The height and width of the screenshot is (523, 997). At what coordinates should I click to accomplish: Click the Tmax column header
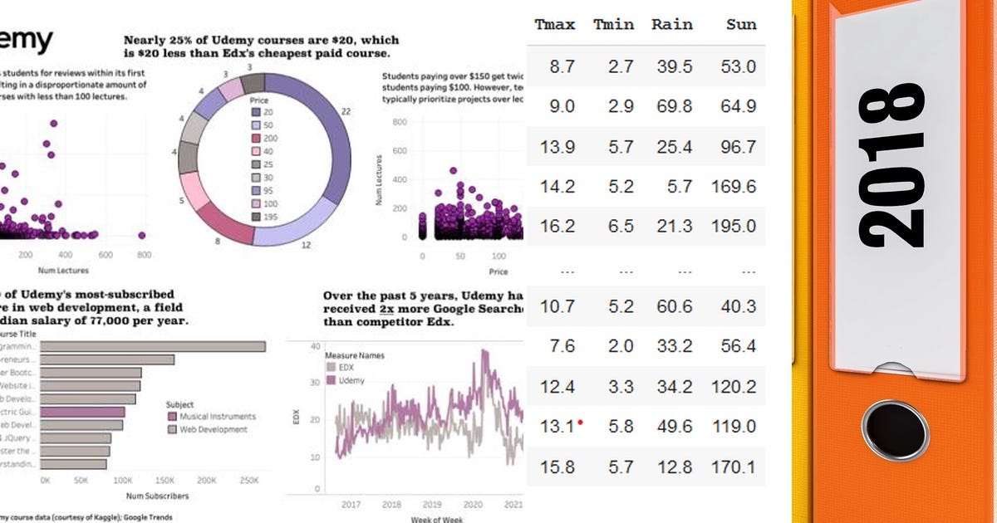pos(556,24)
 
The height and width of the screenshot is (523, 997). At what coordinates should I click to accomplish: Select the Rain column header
pos(671,24)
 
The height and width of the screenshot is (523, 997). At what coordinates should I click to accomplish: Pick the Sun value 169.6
pos(734,186)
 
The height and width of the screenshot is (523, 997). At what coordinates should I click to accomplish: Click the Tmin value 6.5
pos(620,226)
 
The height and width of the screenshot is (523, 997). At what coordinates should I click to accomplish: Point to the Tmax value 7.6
pos(562,346)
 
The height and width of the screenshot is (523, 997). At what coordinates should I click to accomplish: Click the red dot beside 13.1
pos(580,422)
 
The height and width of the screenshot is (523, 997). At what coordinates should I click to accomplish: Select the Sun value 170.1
pos(734,467)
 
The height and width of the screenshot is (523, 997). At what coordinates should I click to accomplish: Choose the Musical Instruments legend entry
pos(212,417)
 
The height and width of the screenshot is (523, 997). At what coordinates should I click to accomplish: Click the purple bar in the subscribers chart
pos(83,411)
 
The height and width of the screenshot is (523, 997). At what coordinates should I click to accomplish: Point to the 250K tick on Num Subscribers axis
pos(249,481)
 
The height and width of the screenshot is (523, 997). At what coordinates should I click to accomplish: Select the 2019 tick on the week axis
pos(432,504)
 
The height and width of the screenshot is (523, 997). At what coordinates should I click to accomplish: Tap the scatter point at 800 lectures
pos(142,235)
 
